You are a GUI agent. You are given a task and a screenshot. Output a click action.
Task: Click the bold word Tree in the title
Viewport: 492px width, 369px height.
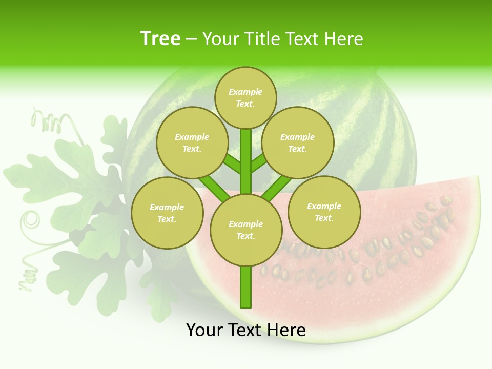160,38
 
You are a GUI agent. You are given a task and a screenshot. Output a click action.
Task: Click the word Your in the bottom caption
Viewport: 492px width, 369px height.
205,330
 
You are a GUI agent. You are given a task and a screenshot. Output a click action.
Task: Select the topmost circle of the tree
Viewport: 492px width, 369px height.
245,97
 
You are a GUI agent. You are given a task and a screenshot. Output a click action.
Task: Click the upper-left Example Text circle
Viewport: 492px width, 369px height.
192,142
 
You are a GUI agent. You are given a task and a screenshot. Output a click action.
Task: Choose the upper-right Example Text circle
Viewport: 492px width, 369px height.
297,142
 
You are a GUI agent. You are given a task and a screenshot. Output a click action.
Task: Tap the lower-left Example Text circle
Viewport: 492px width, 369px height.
167,213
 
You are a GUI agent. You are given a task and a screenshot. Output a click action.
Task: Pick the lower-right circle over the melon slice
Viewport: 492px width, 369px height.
324,212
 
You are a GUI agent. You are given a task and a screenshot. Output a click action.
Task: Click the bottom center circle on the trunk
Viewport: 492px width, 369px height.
245,230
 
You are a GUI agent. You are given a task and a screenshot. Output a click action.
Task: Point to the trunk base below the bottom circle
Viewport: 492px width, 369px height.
245,287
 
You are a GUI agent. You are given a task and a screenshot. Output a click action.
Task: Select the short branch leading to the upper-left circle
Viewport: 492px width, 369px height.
232,164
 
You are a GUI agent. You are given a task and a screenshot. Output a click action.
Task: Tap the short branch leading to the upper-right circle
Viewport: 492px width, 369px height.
258,163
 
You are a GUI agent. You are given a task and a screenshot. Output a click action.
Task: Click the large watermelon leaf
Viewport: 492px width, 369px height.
97,205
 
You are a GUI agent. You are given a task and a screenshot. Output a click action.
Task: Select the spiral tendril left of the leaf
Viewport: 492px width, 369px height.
31,220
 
